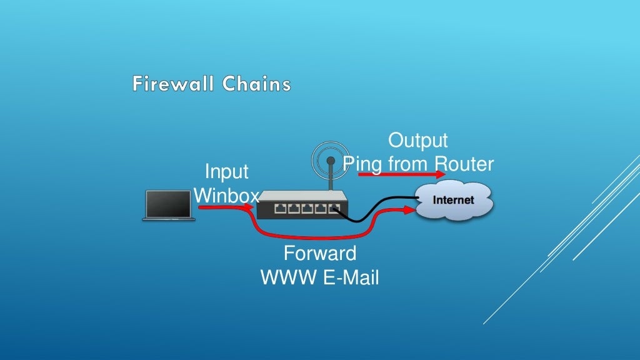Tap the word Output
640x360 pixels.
coord(418,140)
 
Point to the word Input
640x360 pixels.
coord(226,172)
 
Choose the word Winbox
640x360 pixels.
coord(226,196)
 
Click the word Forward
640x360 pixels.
coord(319,254)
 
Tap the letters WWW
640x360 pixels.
coord(289,277)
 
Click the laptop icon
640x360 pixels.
coord(167,206)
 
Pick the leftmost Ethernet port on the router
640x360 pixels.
coord(281,209)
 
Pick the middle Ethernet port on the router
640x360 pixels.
coord(307,209)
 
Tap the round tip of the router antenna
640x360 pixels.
coord(331,161)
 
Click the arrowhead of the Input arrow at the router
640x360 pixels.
coord(252,208)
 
